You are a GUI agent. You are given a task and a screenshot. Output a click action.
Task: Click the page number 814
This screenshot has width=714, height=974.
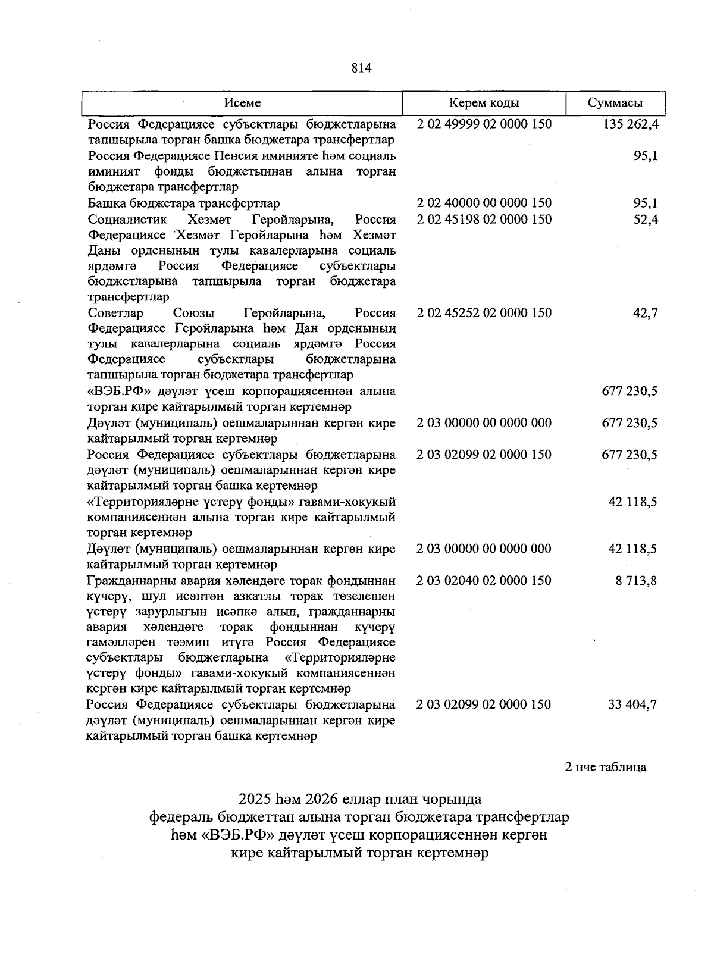tap(361, 68)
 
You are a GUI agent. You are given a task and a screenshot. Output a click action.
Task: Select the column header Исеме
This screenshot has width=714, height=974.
tap(242, 103)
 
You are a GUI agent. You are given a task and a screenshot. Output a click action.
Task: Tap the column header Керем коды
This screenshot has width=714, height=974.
tap(484, 103)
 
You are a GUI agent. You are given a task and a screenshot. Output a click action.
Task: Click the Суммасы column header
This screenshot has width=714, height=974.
tap(615, 103)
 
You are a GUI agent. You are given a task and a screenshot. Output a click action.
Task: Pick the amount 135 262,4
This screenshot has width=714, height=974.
tap(630, 124)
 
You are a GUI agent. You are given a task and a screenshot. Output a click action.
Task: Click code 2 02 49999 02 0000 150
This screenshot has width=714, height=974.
tap(484, 124)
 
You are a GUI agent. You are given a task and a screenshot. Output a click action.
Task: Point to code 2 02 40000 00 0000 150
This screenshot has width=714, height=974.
tap(484, 203)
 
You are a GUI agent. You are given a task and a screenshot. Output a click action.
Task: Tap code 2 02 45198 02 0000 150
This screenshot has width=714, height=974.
tap(484, 220)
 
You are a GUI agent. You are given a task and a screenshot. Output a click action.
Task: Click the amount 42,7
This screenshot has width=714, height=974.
tap(646, 313)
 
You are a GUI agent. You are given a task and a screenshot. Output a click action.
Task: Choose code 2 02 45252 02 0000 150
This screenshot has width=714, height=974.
tap(484, 313)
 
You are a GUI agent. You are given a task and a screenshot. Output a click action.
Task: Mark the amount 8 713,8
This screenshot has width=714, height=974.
tap(636, 581)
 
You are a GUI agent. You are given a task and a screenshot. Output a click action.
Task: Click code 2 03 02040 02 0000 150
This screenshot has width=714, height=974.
tap(484, 581)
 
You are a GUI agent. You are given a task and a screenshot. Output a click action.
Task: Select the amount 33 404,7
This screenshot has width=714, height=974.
tap(632, 705)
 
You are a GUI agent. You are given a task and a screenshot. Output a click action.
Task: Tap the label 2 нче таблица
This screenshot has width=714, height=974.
tap(605, 767)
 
